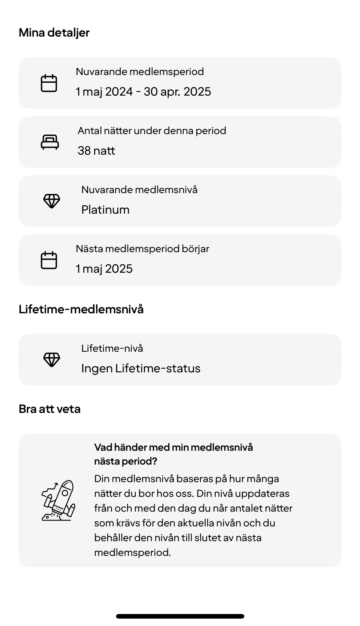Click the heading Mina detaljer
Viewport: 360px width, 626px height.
click(x=54, y=33)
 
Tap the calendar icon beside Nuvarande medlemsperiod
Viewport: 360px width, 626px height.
click(x=49, y=83)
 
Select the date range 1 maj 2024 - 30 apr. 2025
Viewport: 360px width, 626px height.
click(x=143, y=92)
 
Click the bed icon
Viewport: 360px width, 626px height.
click(x=50, y=142)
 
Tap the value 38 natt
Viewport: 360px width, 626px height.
click(x=96, y=151)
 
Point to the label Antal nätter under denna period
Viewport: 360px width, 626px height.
click(x=152, y=131)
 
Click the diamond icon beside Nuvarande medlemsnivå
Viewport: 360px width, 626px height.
click(x=51, y=201)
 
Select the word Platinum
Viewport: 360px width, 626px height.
click(x=105, y=210)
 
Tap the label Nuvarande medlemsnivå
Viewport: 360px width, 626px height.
click(x=139, y=190)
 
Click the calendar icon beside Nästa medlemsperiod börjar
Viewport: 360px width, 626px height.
click(x=49, y=260)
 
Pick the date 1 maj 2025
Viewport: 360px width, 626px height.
click(x=104, y=269)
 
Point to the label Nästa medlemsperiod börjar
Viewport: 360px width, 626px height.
click(x=142, y=249)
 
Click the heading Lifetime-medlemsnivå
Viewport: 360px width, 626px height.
click(x=81, y=309)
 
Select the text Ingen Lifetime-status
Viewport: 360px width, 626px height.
click(x=141, y=368)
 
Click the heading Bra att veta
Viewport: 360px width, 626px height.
click(x=50, y=409)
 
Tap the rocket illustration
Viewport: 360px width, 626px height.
click(x=58, y=500)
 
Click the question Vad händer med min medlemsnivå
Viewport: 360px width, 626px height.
click(x=174, y=447)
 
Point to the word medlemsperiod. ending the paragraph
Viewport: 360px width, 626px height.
click(x=132, y=553)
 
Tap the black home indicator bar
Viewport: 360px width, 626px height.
click(x=180, y=616)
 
